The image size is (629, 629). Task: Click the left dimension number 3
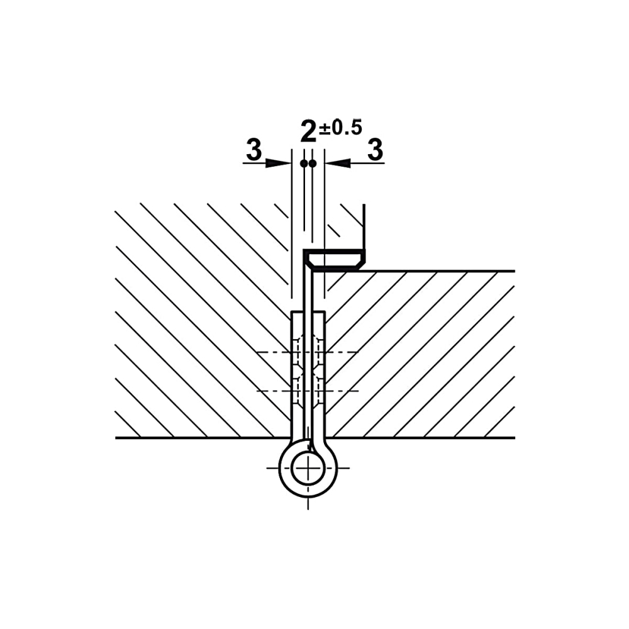coord(253,150)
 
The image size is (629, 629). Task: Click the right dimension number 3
coord(375,150)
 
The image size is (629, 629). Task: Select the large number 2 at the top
coord(308,131)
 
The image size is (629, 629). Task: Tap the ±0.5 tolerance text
coord(340,127)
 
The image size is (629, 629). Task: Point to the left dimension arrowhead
coord(279,163)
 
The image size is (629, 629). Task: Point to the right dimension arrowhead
coord(338,163)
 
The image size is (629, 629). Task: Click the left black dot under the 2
coord(304,164)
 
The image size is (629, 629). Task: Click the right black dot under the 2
coord(313,164)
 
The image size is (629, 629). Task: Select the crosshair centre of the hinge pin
coord(308,468)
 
